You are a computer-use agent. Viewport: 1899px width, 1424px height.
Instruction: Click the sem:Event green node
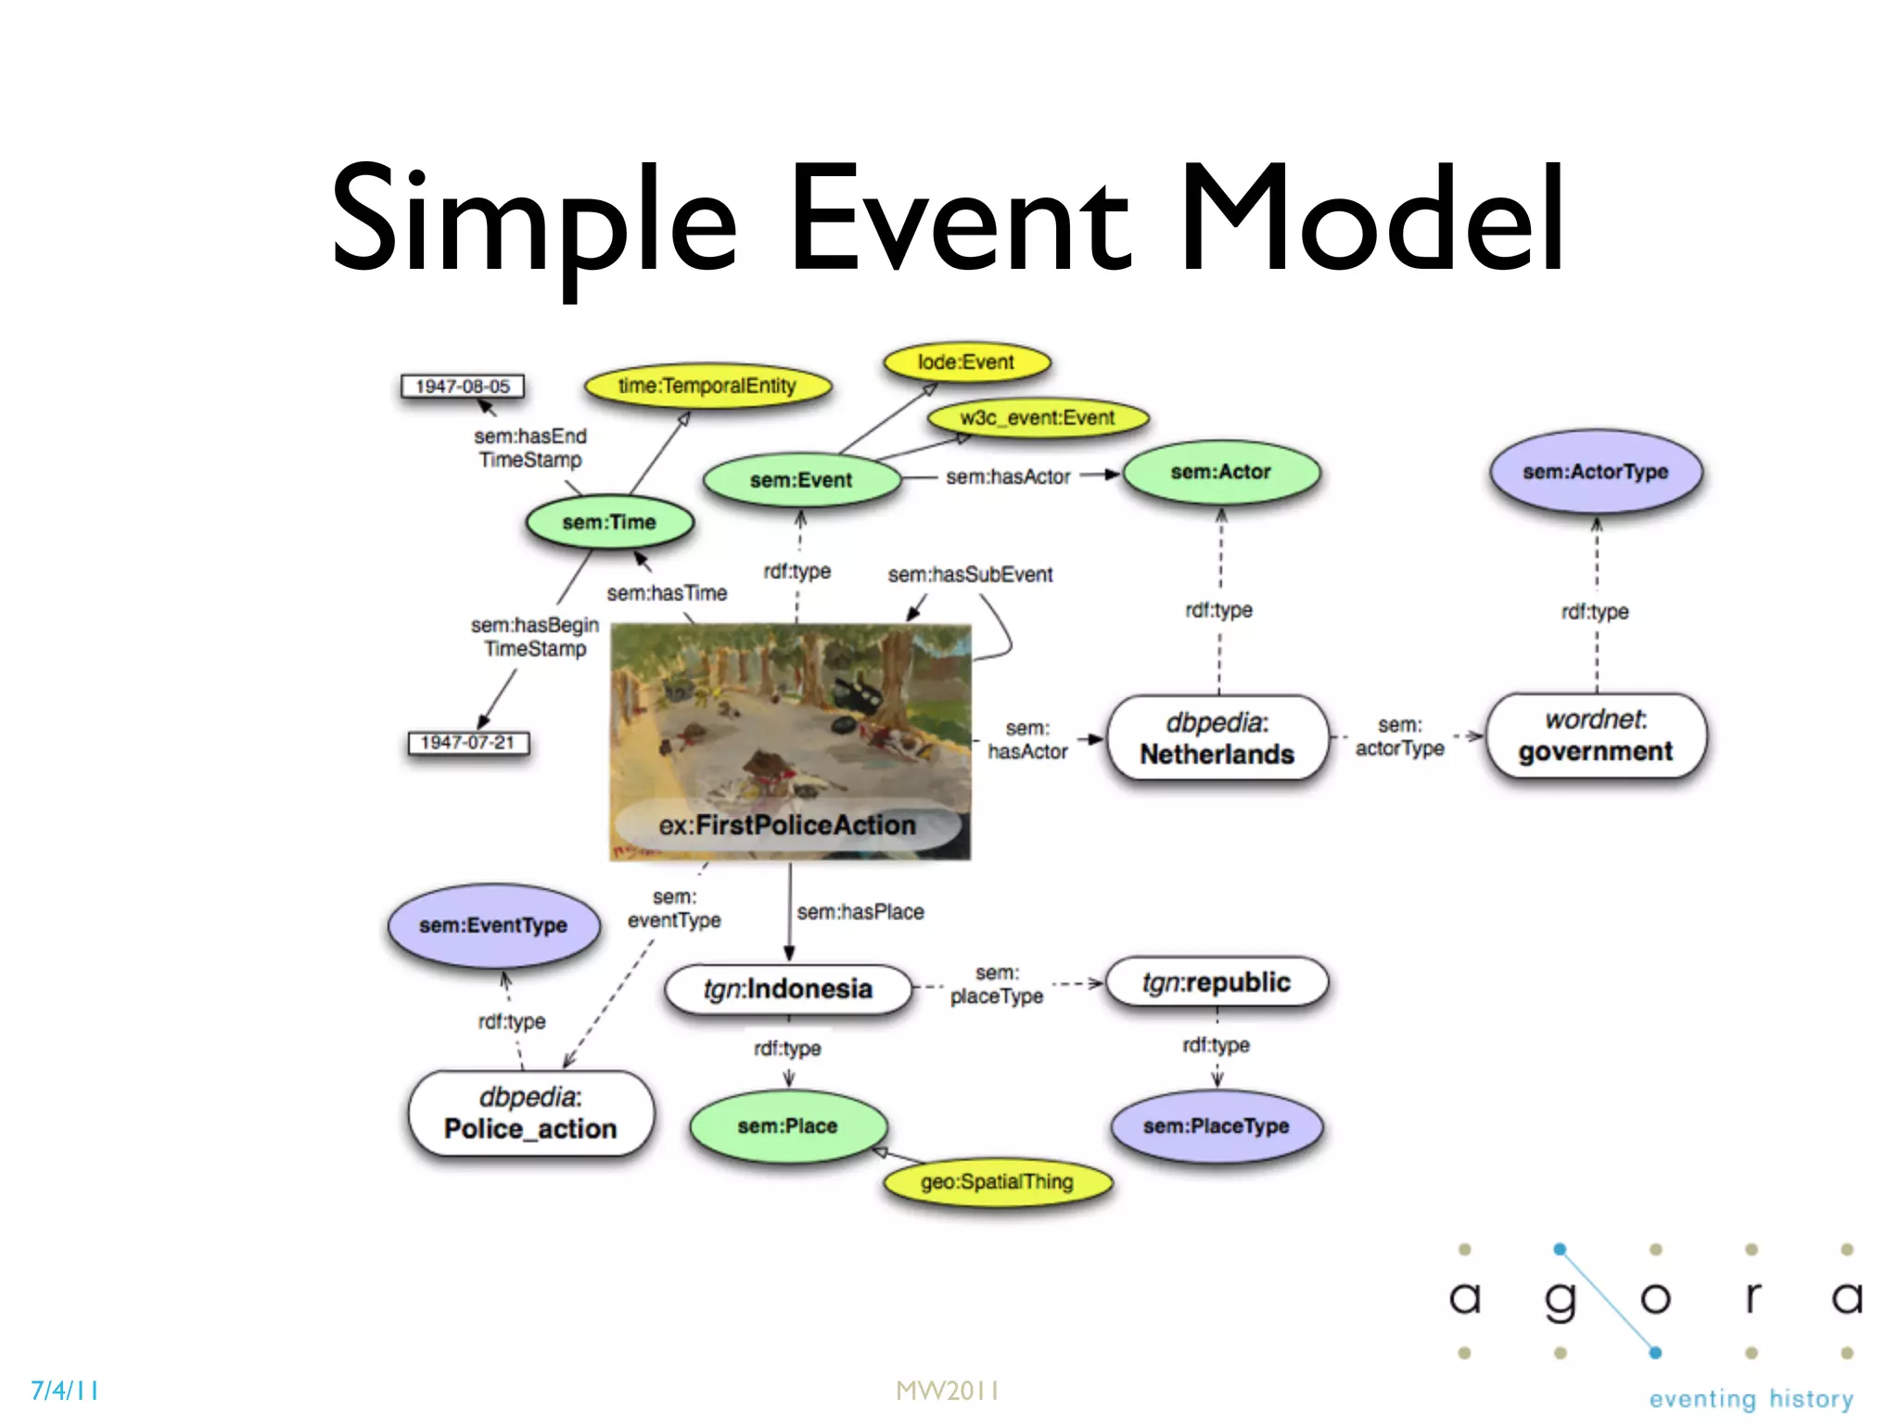point(801,480)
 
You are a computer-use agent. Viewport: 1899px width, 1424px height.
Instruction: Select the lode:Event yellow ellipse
point(966,362)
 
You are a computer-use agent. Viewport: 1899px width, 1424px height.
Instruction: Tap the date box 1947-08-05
point(462,386)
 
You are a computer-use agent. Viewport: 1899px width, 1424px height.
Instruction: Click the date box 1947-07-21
point(467,743)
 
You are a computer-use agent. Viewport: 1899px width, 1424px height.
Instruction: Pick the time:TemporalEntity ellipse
point(707,386)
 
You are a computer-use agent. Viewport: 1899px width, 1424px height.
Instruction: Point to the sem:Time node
point(609,522)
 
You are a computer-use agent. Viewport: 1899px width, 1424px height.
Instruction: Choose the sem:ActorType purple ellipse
point(1595,472)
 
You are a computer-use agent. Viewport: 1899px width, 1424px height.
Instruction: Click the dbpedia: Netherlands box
point(1217,738)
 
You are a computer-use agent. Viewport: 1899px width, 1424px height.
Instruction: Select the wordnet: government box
point(1595,736)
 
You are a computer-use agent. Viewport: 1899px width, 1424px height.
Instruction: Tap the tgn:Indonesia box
point(788,989)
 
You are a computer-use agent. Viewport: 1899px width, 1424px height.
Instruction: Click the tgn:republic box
point(1217,983)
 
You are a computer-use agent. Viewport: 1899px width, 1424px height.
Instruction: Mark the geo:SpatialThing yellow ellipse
point(997,1182)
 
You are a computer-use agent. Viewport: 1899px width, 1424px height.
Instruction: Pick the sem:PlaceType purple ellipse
point(1216,1126)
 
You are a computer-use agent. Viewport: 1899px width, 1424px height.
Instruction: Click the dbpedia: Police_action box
point(530,1113)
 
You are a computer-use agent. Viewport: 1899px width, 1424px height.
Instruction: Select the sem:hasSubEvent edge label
point(970,575)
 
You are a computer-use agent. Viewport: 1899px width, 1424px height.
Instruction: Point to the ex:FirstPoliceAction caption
point(787,825)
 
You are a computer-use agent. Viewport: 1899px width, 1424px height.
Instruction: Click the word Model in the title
point(1371,220)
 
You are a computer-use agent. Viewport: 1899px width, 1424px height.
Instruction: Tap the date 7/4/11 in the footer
point(65,1391)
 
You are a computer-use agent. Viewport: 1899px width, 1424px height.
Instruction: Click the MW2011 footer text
point(948,1391)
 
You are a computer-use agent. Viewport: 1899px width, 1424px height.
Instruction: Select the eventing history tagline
point(1751,1399)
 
